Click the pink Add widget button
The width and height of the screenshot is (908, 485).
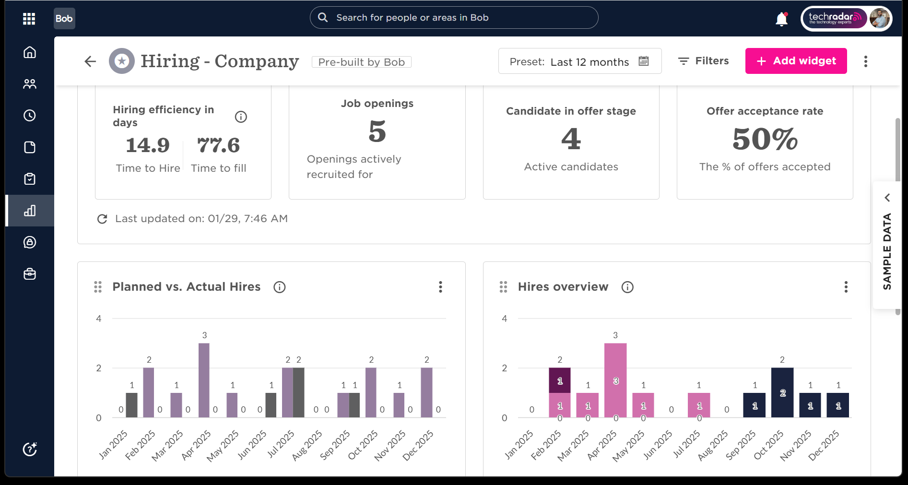[x=796, y=61]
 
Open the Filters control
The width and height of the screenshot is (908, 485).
[x=703, y=61]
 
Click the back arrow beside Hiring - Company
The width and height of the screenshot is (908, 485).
[x=90, y=61]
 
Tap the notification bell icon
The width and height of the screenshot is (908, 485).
[x=782, y=19]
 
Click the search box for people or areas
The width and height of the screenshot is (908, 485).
[x=454, y=18]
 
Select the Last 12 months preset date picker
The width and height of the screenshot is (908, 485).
[x=580, y=61]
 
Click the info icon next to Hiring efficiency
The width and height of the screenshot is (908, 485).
[x=241, y=117]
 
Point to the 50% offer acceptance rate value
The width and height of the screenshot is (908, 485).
[x=765, y=139]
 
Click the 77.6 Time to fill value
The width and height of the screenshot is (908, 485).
[x=219, y=145]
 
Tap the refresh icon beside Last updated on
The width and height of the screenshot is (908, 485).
[x=102, y=219]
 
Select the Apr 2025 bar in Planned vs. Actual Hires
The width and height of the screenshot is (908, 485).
[x=204, y=380]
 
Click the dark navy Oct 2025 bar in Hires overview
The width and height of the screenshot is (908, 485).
[x=782, y=392]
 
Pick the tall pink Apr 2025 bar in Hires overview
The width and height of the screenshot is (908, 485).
[x=615, y=380]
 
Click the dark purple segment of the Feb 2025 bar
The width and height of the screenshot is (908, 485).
[x=560, y=380]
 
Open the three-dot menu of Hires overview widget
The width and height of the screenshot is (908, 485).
[x=846, y=287]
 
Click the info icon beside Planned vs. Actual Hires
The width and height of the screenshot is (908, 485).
[x=280, y=287]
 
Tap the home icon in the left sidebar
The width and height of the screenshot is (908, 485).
[x=30, y=52]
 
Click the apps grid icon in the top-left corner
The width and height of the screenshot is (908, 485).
[x=29, y=19]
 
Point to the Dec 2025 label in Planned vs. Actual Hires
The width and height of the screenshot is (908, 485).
[x=418, y=446]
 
